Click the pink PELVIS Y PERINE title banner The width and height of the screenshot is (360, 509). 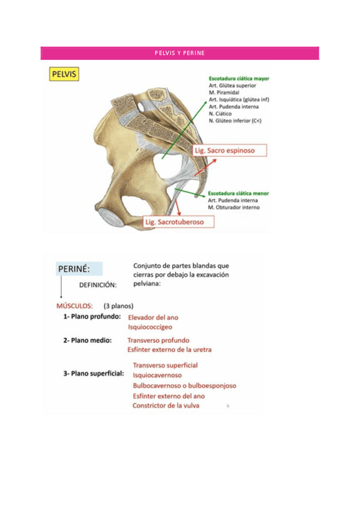point(179,53)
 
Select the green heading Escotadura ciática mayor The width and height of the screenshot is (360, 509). point(239,79)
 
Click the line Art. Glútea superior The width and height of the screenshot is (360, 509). point(229,86)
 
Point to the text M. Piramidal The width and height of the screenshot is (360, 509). point(224,93)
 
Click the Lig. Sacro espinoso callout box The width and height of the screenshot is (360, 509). point(229,150)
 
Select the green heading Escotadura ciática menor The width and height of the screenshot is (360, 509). point(238,194)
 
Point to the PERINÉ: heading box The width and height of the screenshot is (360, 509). point(79,269)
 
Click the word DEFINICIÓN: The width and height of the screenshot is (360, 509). point(98,285)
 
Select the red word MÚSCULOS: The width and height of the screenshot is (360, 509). point(74,305)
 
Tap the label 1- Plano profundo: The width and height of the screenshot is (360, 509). point(92,316)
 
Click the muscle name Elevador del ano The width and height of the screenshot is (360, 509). point(153,318)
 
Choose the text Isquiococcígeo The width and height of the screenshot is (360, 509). point(150,328)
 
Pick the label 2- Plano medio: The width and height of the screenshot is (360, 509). point(88,340)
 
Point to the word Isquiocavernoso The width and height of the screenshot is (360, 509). point(157,375)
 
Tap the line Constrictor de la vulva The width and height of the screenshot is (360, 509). point(166,406)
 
